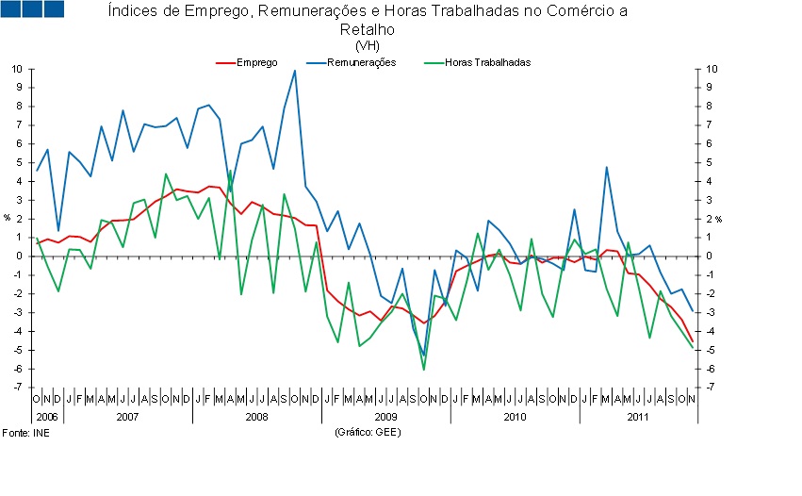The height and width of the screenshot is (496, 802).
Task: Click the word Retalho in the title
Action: tap(367, 29)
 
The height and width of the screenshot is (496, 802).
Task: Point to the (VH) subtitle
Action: tap(367, 44)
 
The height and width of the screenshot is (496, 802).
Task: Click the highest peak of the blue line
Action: tap(295, 71)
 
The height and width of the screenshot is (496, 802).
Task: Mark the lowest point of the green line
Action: tap(424, 369)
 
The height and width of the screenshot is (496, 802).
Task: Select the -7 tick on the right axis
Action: tap(710, 388)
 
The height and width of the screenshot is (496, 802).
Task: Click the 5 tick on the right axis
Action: tap(710, 162)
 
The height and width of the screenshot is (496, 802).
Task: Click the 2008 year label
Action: tap(256, 416)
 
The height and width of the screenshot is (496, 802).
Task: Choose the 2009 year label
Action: tap(385, 416)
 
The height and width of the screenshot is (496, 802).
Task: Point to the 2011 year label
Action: tap(638, 416)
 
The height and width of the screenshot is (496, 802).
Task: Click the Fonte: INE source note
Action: tap(25, 432)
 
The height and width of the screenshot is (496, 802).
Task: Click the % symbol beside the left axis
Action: tap(7, 218)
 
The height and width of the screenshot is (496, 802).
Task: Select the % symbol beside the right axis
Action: tap(718, 219)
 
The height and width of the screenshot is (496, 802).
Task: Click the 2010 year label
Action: tap(514, 416)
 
